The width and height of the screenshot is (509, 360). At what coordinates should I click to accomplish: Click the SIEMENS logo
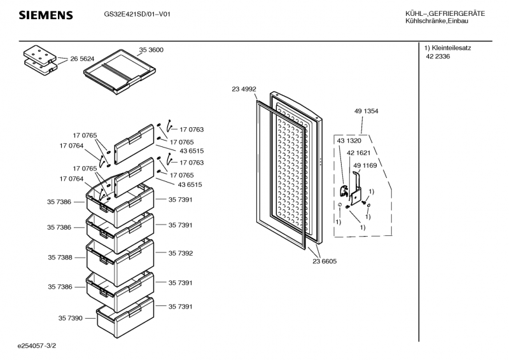(x=45, y=15)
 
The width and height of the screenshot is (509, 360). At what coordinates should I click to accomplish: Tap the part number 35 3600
(x=151, y=50)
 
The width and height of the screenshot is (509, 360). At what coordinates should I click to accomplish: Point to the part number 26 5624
(x=82, y=59)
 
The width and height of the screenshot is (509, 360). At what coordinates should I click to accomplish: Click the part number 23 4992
(x=244, y=90)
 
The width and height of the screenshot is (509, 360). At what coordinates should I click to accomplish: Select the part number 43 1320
(x=349, y=141)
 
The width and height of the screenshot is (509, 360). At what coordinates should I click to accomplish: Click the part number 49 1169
(x=365, y=165)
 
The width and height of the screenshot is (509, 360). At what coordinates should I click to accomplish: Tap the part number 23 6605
(x=324, y=261)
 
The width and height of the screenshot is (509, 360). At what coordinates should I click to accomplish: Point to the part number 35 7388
(x=60, y=258)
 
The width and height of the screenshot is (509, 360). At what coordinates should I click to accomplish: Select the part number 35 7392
(x=181, y=253)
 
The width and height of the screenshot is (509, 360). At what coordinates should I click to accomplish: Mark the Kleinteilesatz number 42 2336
(x=438, y=57)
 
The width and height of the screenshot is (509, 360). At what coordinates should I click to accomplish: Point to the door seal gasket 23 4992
(x=259, y=165)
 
